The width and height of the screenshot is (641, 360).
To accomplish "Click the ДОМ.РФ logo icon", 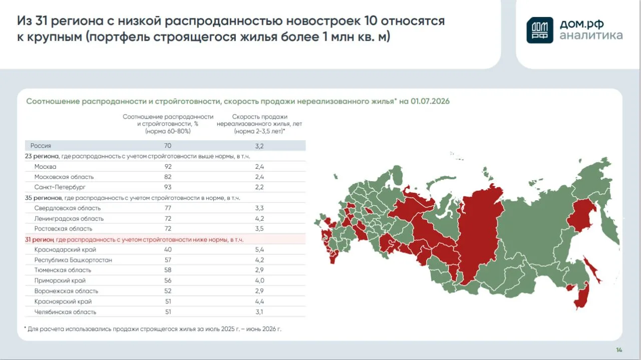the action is coord(540,30).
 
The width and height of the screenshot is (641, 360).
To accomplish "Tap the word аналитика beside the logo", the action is coord(591,36).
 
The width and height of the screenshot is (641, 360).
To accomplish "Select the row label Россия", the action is coord(41,146).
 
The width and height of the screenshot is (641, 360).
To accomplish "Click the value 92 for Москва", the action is coord(168,167).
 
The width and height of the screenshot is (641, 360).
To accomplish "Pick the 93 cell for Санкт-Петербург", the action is coord(168,187).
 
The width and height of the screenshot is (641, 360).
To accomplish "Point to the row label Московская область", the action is coord(64,177).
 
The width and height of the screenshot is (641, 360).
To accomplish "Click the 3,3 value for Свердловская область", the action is coord(259,208).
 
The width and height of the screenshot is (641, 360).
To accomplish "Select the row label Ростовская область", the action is coord(63,229).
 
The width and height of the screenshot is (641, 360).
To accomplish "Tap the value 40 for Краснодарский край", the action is coord(168,249).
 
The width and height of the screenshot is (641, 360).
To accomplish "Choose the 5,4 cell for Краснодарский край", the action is coord(259,249).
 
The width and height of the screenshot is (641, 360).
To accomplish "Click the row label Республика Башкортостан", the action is coord(73,260).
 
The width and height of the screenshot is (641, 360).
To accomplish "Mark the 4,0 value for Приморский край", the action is coord(259,280).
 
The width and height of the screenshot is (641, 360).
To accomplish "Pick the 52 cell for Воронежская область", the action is coord(168,291).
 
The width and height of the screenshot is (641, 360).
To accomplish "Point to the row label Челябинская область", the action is coord(65,312).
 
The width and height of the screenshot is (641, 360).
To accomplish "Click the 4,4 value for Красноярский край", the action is coord(259,301).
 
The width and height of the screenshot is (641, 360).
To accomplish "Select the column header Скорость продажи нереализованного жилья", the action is coord(259,120).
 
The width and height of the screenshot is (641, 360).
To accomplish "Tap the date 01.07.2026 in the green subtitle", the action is coord(430,101).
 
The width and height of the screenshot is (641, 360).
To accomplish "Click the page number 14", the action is coord(619,350).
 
